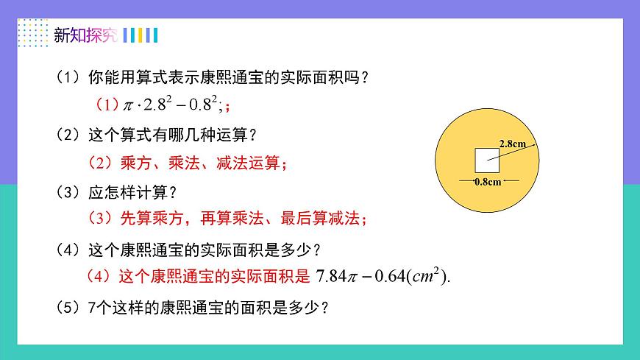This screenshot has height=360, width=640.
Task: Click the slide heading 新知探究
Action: (85, 35)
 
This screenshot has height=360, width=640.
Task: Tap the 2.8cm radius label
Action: (512, 144)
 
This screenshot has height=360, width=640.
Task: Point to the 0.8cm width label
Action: (488, 181)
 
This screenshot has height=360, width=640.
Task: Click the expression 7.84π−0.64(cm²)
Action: (382, 277)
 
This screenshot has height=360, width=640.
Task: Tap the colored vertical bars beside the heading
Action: (141, 35)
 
